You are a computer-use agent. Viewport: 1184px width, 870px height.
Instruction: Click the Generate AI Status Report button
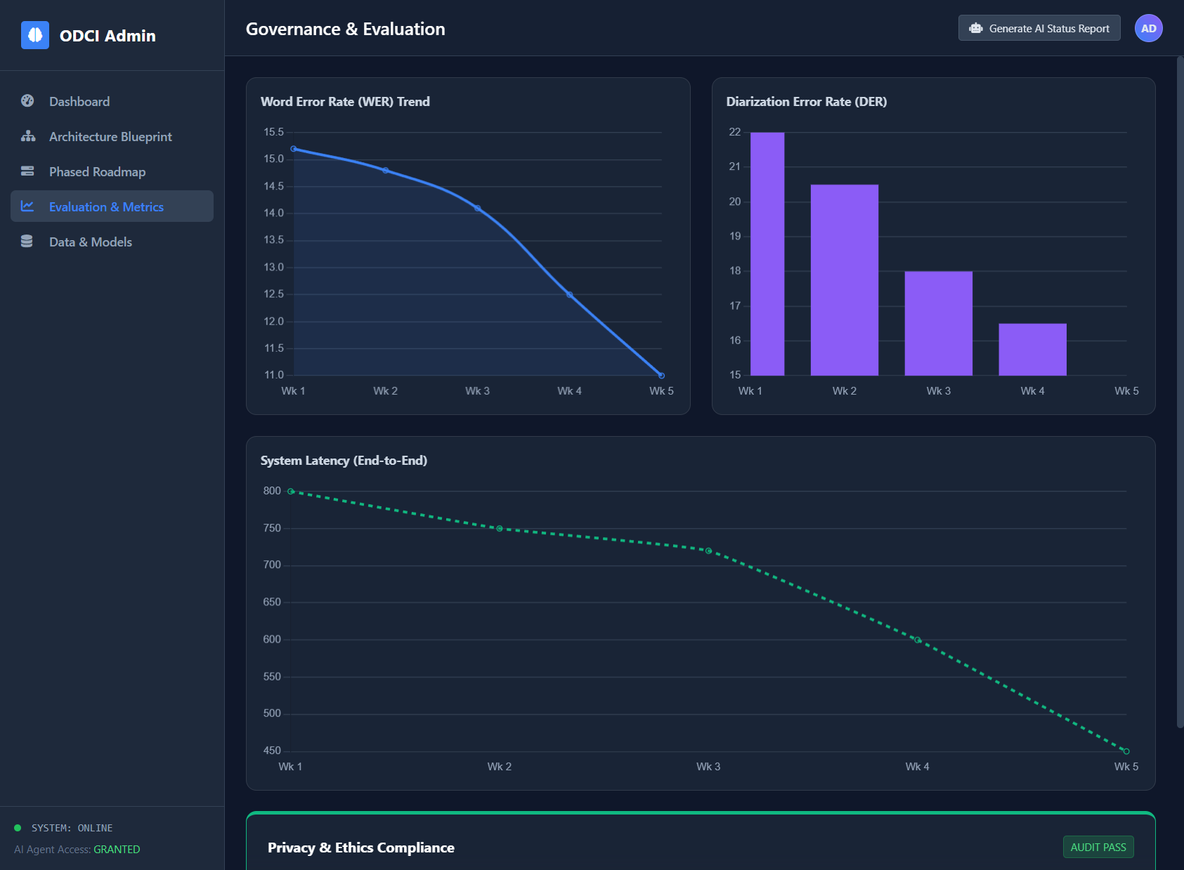1039,29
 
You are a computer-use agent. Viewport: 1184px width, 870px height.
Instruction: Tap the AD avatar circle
1148,29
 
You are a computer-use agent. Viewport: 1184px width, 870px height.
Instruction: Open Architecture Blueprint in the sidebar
110,137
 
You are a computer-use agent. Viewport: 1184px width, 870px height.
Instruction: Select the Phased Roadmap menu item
97,172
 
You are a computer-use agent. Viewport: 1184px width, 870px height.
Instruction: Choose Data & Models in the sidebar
90,242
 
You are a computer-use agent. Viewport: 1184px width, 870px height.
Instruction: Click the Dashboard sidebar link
79,102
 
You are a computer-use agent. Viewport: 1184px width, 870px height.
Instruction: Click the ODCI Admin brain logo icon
35,35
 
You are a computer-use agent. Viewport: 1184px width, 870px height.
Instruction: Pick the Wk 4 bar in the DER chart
1032,349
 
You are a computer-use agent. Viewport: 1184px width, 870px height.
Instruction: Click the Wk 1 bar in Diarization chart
767,253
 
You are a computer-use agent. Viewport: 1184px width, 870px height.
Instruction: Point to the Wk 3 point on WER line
478,209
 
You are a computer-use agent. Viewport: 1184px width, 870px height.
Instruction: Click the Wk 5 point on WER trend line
661,375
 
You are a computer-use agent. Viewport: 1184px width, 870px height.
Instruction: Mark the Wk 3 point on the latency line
708,551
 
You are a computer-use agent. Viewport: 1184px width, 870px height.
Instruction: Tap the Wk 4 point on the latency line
917,640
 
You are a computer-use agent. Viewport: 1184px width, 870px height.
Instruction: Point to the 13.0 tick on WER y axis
273,268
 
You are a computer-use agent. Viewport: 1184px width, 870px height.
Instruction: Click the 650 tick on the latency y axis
272,602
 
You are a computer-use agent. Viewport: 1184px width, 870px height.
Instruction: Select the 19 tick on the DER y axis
735,237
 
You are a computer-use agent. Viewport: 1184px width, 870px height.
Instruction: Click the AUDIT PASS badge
1098,848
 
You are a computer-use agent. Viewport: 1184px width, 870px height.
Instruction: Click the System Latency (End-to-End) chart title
344,461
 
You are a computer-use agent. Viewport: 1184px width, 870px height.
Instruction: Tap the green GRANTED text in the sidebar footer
117,850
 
